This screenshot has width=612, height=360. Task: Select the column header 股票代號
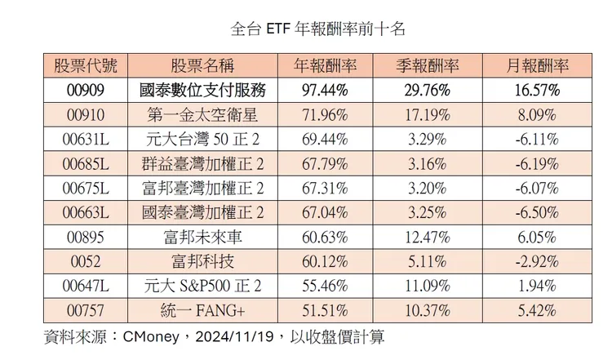pyautogui.click(x=85, y=65)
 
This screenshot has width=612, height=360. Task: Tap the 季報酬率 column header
pyautogui.click(x=426, y=65)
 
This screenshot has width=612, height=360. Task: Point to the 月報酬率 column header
pyautogui.click(x=536, y=65)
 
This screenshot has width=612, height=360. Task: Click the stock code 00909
pyautogui.click(x=85, y=90)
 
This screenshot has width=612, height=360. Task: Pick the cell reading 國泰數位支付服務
pyautogui.click(x=203, y=90)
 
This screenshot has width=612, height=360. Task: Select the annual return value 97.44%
pyautogui.click(x=325, y=90)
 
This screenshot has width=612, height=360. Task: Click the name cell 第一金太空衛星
pyautogui.click(x=203, y=114)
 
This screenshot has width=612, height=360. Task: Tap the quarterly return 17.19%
pyautogui.click(x=426, y=114)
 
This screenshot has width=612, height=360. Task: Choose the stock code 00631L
pyautogui.click(x=85, y=139)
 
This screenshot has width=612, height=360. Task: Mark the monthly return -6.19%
pyautogui.click(x=536, y=163)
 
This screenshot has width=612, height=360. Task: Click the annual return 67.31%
pyautogui.click(x=325, y=189)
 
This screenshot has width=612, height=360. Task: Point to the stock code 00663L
pyautogui.click(x=85, y=213)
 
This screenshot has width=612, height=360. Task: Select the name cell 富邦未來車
pyautogui.click(x=203, y=238)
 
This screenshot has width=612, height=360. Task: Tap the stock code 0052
pyautogui.click(x=85, y=261)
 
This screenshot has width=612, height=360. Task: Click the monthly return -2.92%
pyautogui.click(x=536, y=261)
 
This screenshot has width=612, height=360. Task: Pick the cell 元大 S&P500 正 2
pyautogui.click(x=203, y=287)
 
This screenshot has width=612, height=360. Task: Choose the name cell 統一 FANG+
pyautogui.click(x=203, y=311)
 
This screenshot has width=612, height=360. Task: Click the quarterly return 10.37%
pyautogui.click(x=426, y=311)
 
